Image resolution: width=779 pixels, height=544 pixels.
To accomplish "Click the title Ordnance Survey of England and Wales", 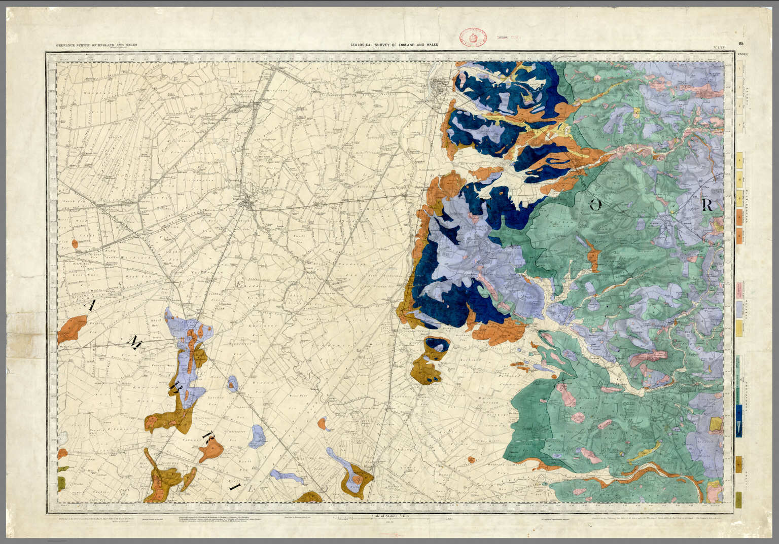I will click(97, 45).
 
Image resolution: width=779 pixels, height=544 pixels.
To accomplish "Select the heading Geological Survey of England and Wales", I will click(394, 45).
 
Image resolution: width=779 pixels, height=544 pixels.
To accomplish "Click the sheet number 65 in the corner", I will click(741, 44).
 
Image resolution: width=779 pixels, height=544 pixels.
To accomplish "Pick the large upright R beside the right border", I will click(708, 205).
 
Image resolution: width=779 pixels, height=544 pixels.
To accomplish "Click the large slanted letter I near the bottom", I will click(235, 487).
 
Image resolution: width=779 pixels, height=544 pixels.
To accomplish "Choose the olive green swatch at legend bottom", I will click(739, 497).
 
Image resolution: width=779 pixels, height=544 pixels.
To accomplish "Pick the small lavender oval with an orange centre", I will click(233, 384).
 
